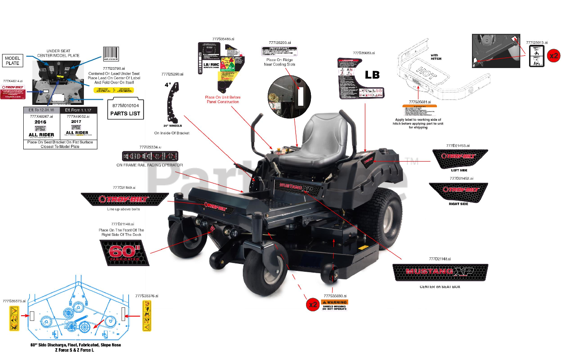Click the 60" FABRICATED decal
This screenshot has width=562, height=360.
[x=125, y=252]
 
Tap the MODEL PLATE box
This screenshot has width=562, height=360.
[x=13, y=61]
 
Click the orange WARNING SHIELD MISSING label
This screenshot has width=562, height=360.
[x=334, y=305]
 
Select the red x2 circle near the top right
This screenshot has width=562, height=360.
[x=554, y=56]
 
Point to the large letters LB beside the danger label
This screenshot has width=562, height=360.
[x=372, y=75]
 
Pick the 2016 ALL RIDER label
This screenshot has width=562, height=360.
[x=41, y=128]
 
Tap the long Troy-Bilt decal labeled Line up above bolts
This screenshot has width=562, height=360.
[x=125, y=199]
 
